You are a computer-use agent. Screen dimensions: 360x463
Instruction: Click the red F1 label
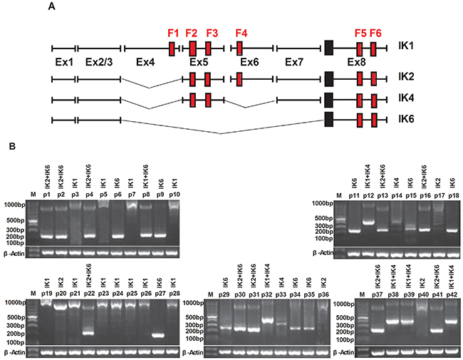click(172, 33)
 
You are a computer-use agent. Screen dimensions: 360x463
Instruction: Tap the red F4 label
click(241, 33)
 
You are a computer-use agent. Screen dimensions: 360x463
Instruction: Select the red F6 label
click(375, 33)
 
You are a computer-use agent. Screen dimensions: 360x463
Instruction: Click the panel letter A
click(52, 7)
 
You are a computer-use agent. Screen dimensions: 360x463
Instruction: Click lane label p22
click(88, 293)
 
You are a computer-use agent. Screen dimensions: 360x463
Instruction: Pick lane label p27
click(150, 293)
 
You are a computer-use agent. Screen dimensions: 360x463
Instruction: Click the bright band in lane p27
click(150, 334)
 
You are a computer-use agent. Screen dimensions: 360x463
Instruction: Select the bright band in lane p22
click(88, 332)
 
